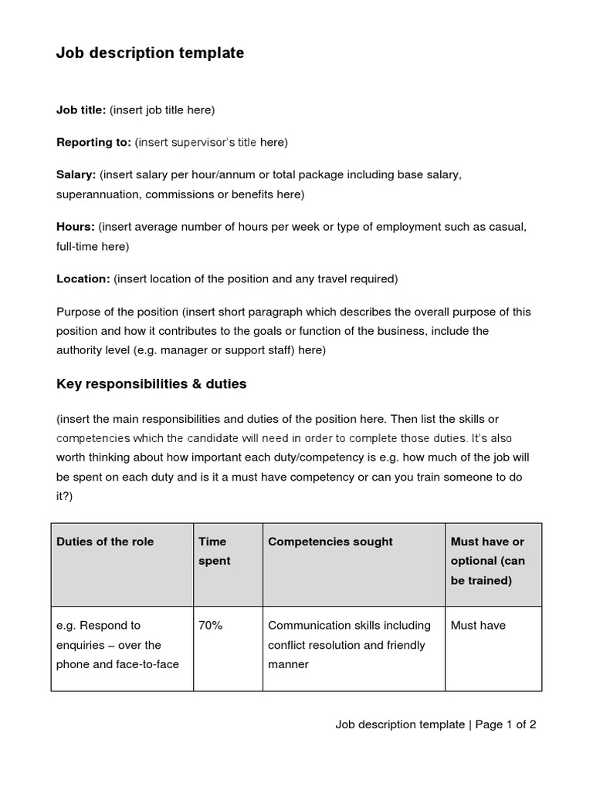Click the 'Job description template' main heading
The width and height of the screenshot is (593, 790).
click(150, 53)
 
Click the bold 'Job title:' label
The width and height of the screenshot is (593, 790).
click(81, 110)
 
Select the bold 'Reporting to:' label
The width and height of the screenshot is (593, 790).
click(93, 142)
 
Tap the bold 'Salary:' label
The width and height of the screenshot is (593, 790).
click(76, 174)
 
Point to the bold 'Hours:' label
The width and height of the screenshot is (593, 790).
click(75, 227)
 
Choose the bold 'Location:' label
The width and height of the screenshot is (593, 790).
click(83, 279)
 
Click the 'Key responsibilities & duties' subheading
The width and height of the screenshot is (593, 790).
click(151, 383)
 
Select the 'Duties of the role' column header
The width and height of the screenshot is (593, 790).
click(105, 542)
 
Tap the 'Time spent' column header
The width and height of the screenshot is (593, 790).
click(214, 551)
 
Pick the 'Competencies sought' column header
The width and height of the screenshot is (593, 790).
click(330, 542)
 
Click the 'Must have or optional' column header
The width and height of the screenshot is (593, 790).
click(487, 561)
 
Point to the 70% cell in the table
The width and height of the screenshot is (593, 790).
click(210, 625)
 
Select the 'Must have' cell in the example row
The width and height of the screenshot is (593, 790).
click(478, 625)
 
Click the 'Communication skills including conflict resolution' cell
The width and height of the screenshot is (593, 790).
click(348, 644)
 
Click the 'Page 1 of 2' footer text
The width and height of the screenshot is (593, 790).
click(506, 724)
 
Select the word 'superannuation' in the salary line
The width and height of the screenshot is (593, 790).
click(97, 194)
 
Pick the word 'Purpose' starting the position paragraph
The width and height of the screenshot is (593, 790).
click(78, 312)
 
